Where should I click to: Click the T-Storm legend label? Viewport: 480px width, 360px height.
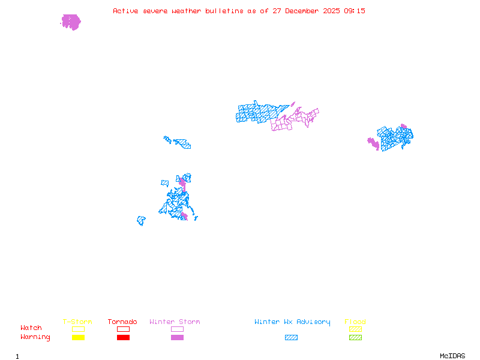(x=77, y=322)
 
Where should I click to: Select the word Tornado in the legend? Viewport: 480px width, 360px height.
(x=122, y=322)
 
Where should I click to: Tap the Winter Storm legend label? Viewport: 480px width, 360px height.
(x=175, y=322)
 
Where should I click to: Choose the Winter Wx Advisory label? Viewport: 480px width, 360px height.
(x=292, y=322)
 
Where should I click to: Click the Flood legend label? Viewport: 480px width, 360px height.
(x=355, y=322)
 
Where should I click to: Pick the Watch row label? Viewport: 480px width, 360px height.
(x=31, y=328)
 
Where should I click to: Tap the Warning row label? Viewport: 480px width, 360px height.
(x=35, y=337)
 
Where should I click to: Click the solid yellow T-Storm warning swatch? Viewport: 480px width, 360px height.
(x=78, y=337)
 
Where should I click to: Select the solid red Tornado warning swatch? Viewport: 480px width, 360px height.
(x=123, y=337)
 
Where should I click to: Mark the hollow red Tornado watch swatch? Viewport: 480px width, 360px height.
(x=123, y=329)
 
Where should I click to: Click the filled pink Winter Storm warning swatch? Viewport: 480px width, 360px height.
(x=177, y=337)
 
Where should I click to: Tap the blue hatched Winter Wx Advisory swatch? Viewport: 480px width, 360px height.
(x=291, y=337)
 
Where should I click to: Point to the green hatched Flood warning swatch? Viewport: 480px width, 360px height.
(x=355, y=337)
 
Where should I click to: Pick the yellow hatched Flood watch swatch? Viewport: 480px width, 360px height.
(x=355, y=329)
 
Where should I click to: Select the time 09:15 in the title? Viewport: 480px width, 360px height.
(x=354, y=11)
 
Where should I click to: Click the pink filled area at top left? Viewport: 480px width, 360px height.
(x=71, y=22)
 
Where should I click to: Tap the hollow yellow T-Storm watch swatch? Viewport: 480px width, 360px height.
(x=78, y=329)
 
